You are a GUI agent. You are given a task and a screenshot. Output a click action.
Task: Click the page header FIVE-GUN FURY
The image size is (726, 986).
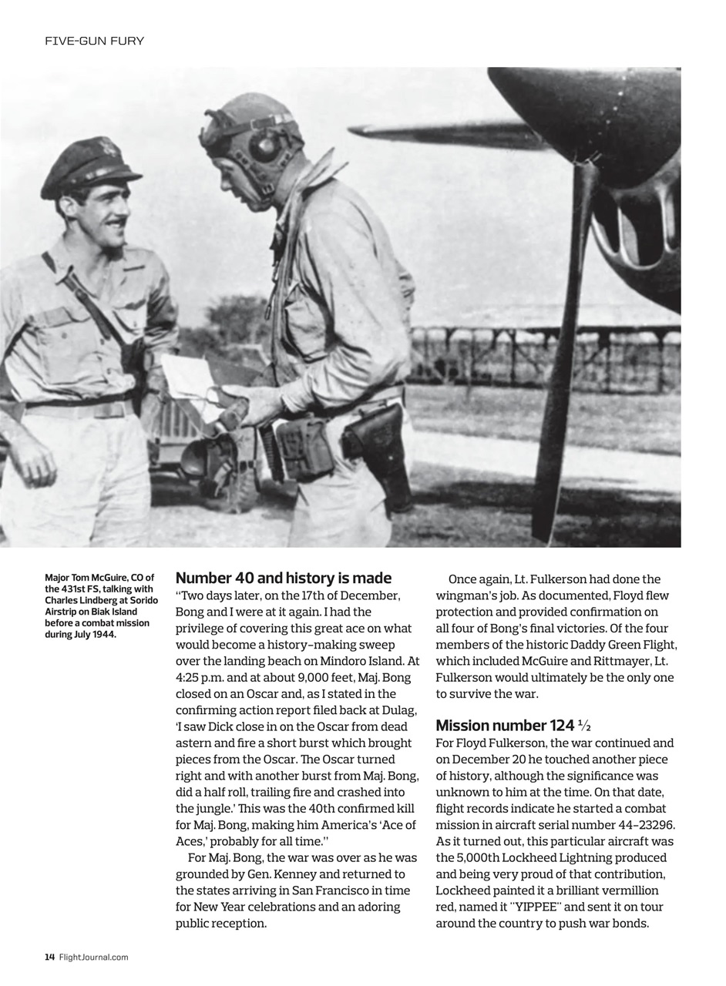[x=94, y=41]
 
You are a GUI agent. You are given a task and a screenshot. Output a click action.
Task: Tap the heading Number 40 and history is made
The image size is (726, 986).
[x=283, y=578]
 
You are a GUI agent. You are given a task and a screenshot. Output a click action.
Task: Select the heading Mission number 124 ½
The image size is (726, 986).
[x=513, y=725]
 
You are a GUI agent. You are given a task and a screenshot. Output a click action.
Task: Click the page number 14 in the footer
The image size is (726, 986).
[x=49, y=957]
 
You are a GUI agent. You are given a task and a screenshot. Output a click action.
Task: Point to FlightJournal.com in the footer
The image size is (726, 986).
[x=93, y=957]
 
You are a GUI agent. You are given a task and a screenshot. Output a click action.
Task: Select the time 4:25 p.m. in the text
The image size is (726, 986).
[x=203, y=677]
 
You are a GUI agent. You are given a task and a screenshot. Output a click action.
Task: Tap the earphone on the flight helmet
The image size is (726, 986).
[x=264, y=146]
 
